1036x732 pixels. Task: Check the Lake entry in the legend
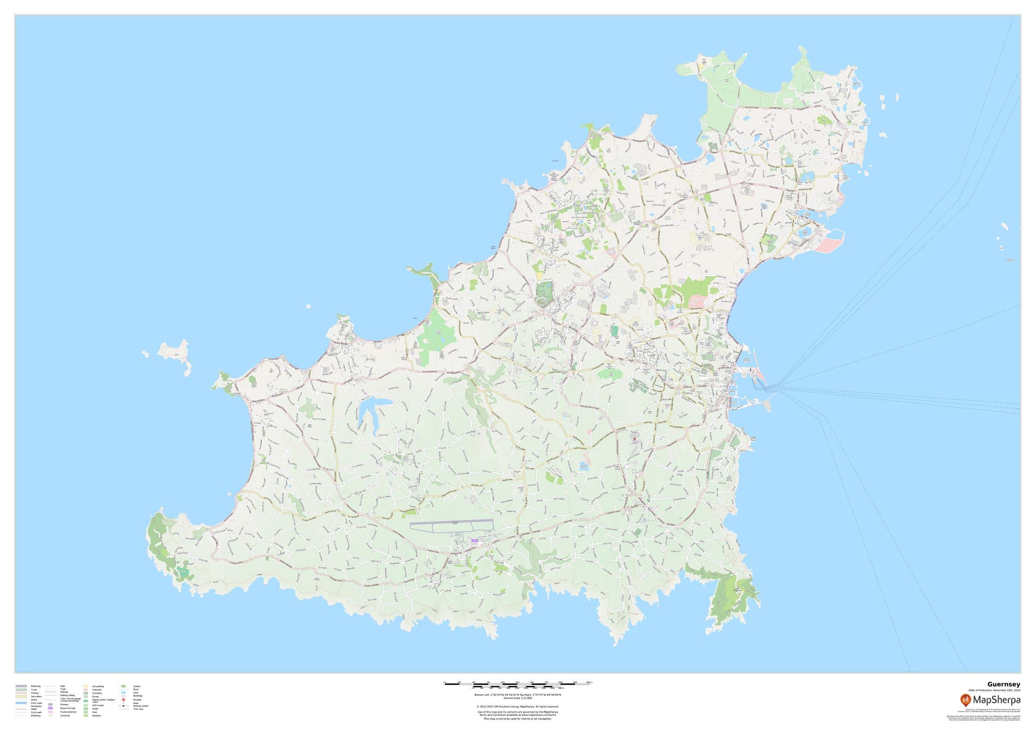click(136, 705)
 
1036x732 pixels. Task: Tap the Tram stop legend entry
click(138, 722)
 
